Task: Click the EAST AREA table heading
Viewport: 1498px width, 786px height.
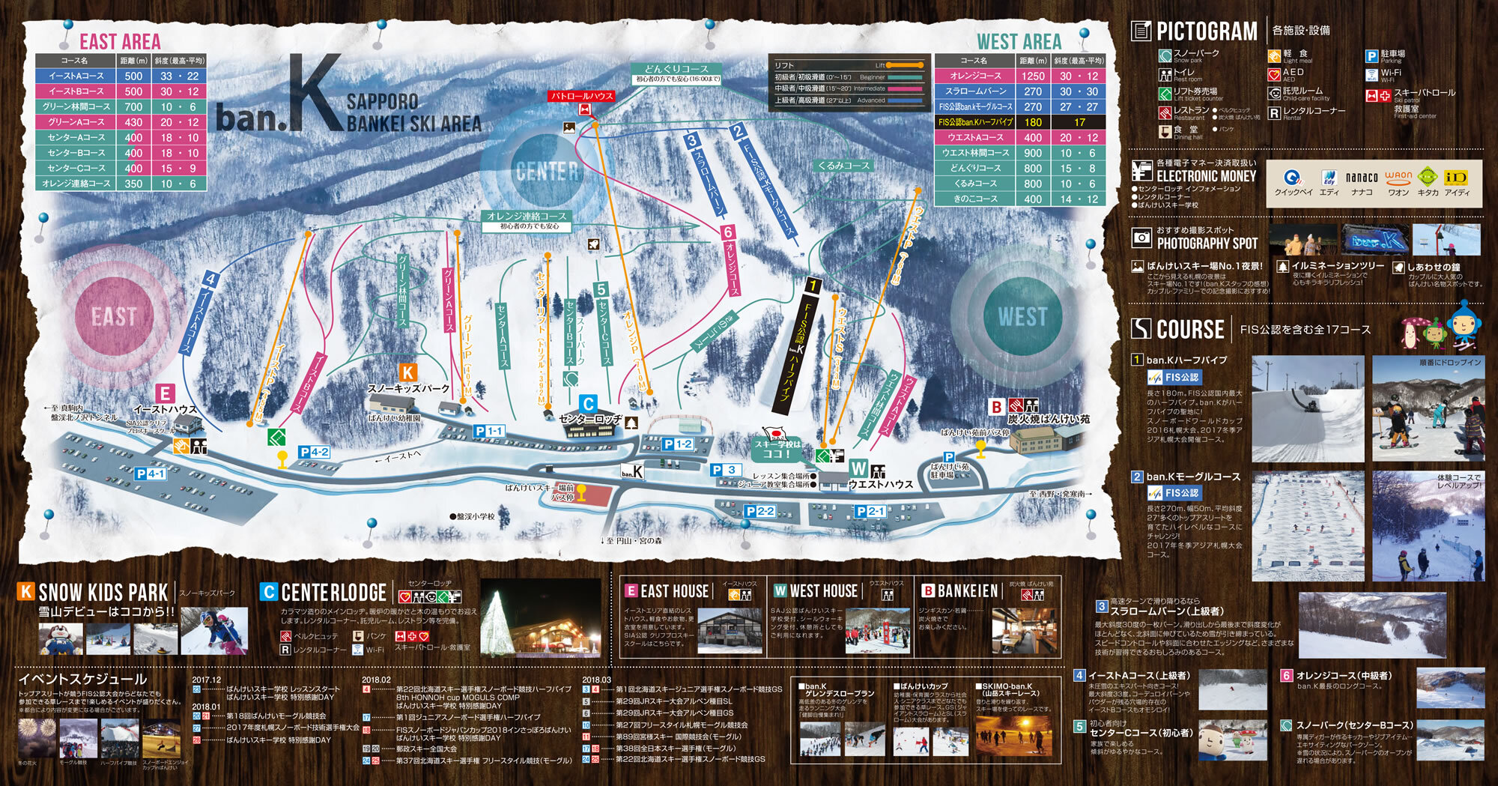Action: (x=120, y=41)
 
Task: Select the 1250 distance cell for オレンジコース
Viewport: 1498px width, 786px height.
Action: (x=1032, y=76)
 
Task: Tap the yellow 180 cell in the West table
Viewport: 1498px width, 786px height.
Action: (x=1032, y=122)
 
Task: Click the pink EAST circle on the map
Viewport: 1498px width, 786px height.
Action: (x=114, y=316)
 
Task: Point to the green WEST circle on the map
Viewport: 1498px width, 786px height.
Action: (x=1022, y=316)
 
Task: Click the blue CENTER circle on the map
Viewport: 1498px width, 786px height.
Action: (x=547, y=172)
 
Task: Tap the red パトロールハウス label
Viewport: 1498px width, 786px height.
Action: (x=582, y=96)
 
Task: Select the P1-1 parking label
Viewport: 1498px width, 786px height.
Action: (x=489, y=431)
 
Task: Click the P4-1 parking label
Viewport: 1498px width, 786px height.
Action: (x=151, y=474)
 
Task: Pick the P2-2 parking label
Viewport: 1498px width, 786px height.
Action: (x=759, y=511)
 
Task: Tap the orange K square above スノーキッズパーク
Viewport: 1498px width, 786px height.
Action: (x=407, y=372)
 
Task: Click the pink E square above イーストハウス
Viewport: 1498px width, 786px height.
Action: (x=166, y=393)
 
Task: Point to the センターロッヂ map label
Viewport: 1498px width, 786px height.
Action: (x=590, y=419)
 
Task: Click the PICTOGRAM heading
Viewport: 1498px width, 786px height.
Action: (x=1206, y=31)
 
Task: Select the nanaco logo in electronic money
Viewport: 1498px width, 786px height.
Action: (x=1361, y=178)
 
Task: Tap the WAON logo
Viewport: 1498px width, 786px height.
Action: (x=1398, y=177)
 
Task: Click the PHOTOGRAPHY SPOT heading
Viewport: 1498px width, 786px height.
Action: (x=1207, y=243)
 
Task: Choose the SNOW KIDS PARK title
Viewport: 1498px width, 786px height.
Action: (x=103, y=593)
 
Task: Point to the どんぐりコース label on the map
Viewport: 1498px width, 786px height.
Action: (x=676, y=69)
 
